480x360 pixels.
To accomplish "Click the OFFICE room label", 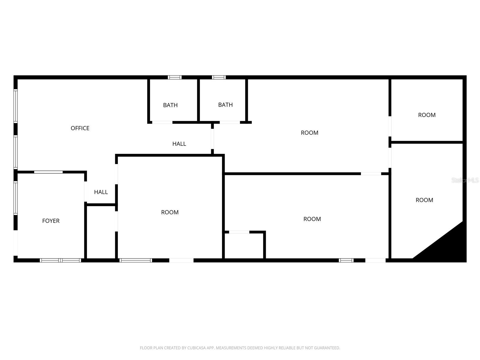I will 80,128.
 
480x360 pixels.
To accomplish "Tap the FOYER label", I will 51,221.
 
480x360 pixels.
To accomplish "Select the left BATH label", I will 170,105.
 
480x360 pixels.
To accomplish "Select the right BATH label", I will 225,105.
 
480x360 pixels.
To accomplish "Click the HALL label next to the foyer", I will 101,192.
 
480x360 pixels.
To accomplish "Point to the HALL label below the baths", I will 179,144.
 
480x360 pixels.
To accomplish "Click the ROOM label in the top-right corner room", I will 427,115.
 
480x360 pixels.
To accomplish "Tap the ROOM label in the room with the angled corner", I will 424,200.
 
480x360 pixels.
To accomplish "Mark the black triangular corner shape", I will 447,246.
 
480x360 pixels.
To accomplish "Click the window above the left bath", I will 175,77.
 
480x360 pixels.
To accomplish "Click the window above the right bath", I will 219,77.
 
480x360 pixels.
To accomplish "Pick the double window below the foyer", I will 61,260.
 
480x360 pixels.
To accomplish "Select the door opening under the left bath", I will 162,122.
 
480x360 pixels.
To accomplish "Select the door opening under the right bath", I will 230,122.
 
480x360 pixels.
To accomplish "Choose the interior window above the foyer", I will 48,172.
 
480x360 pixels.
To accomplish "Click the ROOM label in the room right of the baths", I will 309,133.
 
